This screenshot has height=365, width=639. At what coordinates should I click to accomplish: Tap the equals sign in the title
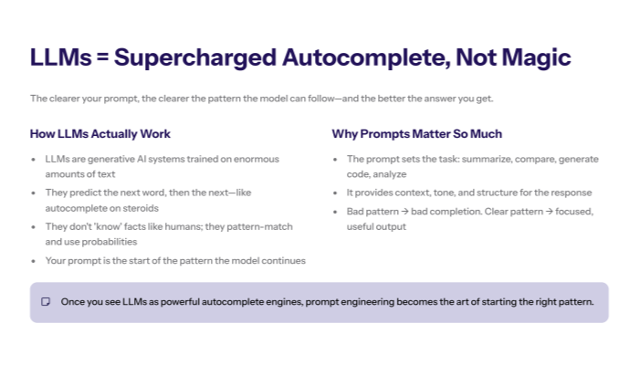click(101, 57)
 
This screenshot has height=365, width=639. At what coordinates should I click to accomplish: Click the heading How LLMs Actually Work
click(100, 134)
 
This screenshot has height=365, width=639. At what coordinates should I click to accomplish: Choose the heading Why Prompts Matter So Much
click(416, 134)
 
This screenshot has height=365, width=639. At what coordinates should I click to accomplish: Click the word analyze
click(389, 173)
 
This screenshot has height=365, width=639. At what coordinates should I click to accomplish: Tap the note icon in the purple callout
click(46, 302)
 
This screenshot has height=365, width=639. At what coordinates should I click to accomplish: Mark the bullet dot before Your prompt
click(34, 260)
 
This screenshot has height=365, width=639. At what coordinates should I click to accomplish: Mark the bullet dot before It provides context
click(336, 193)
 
